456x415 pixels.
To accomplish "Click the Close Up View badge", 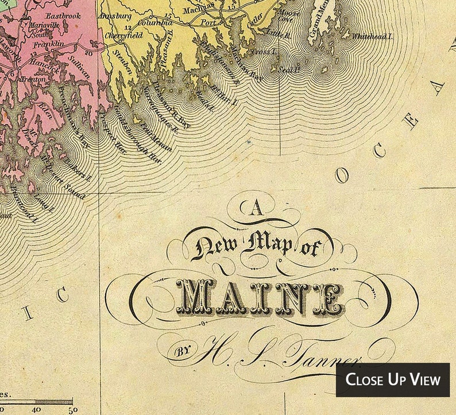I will [x=393, y=380].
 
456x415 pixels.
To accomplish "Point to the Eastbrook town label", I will [x=64, y=16].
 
